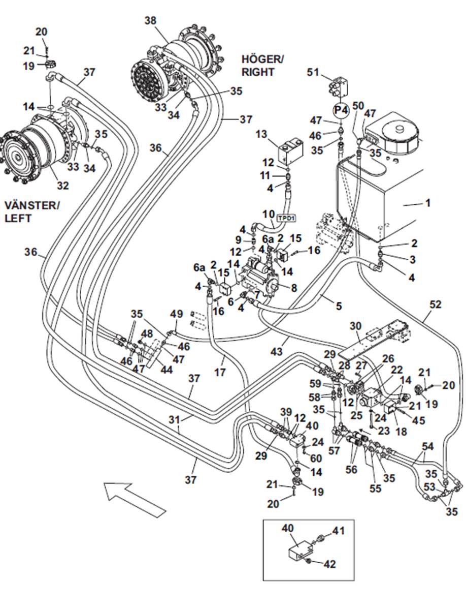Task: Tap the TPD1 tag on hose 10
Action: (286, 218)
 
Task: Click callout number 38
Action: (150, 21)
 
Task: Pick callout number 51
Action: (313, 73)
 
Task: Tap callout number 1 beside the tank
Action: (427, 203)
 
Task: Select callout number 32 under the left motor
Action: (62, 186)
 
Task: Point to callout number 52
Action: (435, 305)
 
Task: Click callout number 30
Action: (355, 326)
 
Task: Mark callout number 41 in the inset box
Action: (338, 531)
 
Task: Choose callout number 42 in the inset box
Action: (329, 564)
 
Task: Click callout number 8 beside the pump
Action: (293, 288)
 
